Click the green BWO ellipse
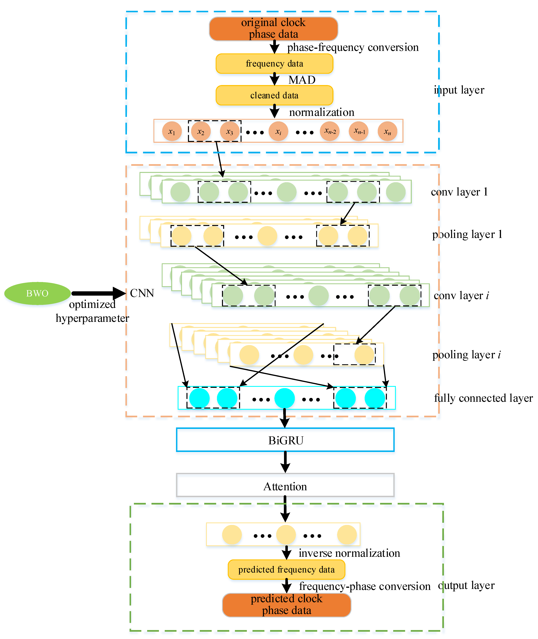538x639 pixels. [x=37, y=293]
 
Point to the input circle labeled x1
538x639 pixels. [x=172, y=131]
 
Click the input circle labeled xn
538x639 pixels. [x=387, y=131]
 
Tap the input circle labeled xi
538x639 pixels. [x=278, y=131]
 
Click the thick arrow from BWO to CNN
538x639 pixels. [x=98, y=293]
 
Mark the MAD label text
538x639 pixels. [x=302, y=80]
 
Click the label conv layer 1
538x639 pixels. [x=459, y=192]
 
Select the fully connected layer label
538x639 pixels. [x=483, y=398]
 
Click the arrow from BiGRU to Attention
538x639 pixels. [x=285, y=462]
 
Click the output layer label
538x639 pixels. [x=466, y=585]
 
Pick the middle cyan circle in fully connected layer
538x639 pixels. [x=284, y=398]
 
